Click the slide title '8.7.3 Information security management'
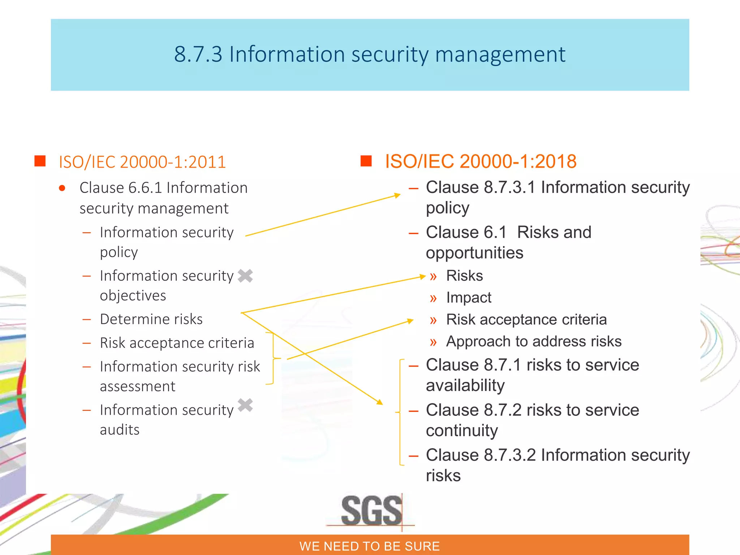(369, 54)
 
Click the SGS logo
(371, 511)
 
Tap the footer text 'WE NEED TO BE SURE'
(369, 546)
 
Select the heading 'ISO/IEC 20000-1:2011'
(142, 162)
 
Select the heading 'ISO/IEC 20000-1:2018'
(481, 161)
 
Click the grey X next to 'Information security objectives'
(245, 276)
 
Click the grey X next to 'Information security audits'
(245, 405)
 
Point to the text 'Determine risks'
(151, 319)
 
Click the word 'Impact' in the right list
(469, 297)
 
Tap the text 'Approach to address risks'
(534, 341)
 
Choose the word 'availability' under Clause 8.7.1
(465, 385)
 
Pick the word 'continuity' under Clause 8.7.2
(462, 430)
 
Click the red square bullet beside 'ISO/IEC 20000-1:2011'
(40, 161)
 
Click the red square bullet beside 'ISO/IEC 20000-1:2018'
(366, 161)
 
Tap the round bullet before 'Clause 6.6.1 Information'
(62, 188)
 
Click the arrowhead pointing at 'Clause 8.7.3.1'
(397, 195)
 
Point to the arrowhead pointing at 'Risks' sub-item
(423, 277)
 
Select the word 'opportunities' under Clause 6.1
(474, 253)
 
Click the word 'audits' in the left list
(120, 430)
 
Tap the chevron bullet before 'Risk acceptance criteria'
(433, 320)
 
